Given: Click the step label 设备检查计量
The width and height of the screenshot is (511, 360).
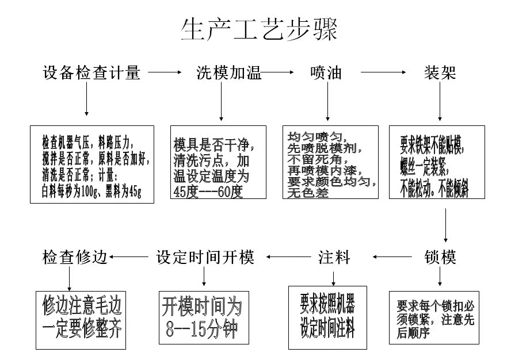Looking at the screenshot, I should click(91, 73).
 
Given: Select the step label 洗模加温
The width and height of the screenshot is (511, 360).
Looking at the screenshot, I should click(229, 73).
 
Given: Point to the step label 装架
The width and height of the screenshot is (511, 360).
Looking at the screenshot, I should click(440, 73).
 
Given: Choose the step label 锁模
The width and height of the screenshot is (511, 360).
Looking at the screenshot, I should click(440, 257).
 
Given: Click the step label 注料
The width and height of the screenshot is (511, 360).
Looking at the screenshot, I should click(334, 257).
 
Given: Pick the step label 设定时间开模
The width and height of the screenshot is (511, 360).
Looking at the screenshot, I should click(205, 257).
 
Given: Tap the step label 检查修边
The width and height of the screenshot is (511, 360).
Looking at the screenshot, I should click(75, 257).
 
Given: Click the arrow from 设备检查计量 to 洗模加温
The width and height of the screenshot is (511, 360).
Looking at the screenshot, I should click(165, 73).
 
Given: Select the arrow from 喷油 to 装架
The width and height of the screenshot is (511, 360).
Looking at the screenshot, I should click(382, 73).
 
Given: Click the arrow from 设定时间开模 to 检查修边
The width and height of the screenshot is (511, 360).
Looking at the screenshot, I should click(130, 257).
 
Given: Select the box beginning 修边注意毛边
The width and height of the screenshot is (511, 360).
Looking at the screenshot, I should click(81, 317).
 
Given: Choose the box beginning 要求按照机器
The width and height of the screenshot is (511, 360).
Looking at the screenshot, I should click(327, 317).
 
